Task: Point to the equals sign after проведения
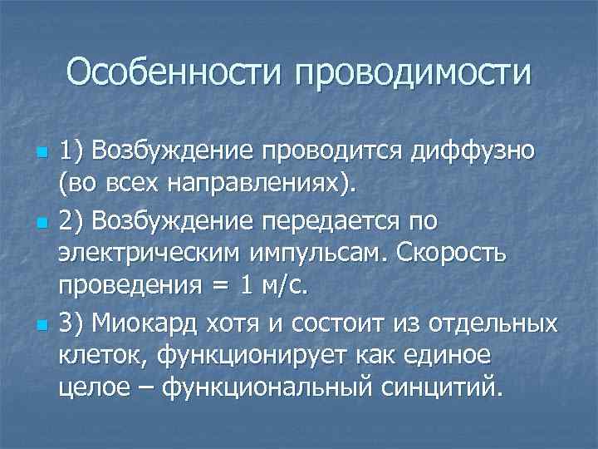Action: [x=218, y=285]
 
